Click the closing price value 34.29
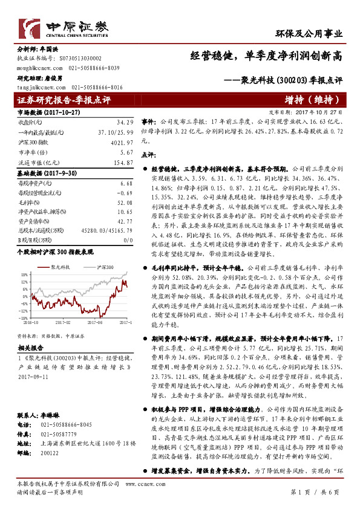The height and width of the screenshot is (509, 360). (x=125, y=123)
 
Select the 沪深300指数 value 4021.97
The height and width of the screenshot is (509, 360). (x=122, y=142)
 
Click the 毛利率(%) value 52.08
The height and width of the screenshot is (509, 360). (x=123, y=203)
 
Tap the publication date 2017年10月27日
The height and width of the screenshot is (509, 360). (x=330, y=112)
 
